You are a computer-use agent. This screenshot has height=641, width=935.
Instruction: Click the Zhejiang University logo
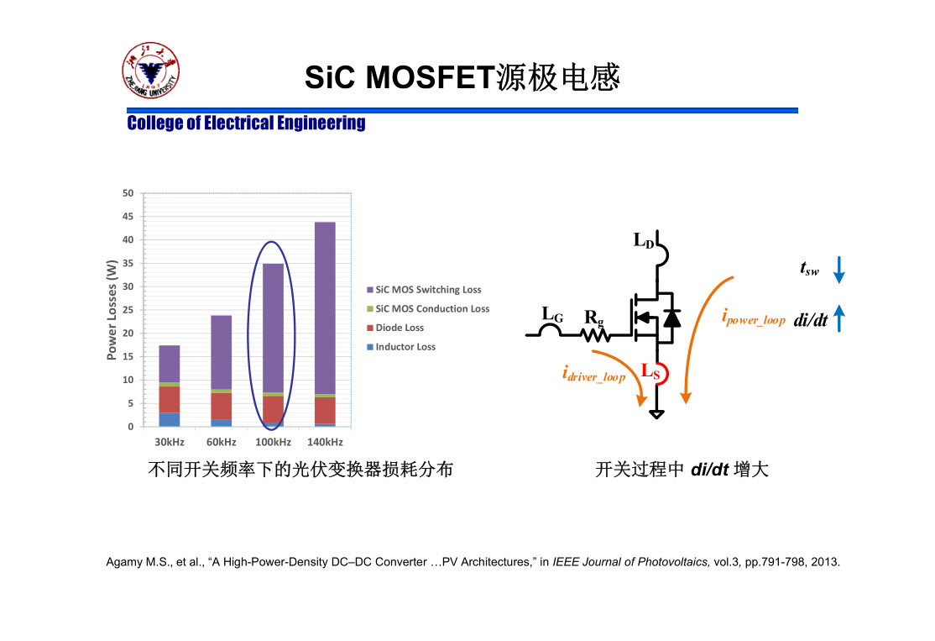tap(150, 71)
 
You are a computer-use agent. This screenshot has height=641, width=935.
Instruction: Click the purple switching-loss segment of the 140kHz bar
tap(325, 308)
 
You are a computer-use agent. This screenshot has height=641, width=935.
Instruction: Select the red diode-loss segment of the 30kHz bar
tap(170, 399)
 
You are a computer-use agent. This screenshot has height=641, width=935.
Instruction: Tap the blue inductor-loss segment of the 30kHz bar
tap(170, 419)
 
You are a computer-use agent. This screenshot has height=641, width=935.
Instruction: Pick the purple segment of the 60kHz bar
tap(222, 352)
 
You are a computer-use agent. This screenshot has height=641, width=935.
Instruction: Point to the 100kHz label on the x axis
tap(273, 442)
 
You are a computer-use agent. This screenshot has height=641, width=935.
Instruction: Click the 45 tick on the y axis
tap(128, 217)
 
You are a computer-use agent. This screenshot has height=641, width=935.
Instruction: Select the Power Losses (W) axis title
tap(112, 310)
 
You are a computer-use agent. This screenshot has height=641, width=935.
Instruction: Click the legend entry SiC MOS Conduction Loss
tap(428, 308)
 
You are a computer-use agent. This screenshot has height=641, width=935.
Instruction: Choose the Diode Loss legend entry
tap(395, 328)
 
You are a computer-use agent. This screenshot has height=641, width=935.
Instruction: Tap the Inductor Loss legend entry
tap(401, 347)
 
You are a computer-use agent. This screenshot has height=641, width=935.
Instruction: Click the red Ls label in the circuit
tap(650, 372)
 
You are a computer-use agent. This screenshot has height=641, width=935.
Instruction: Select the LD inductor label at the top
tap(644, 240)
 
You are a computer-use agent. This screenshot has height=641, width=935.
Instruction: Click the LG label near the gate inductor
tap(552, 314)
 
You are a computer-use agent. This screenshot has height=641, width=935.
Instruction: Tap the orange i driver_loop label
tap(593, 374)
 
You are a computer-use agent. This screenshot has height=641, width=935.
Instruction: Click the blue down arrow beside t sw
tap(839, 270)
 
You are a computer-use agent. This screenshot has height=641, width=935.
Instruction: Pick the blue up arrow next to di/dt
tap(839, 318)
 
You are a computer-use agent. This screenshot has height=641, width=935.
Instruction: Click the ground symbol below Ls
tap(656, 414)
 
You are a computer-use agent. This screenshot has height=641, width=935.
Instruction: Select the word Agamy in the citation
tap(123, 562)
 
